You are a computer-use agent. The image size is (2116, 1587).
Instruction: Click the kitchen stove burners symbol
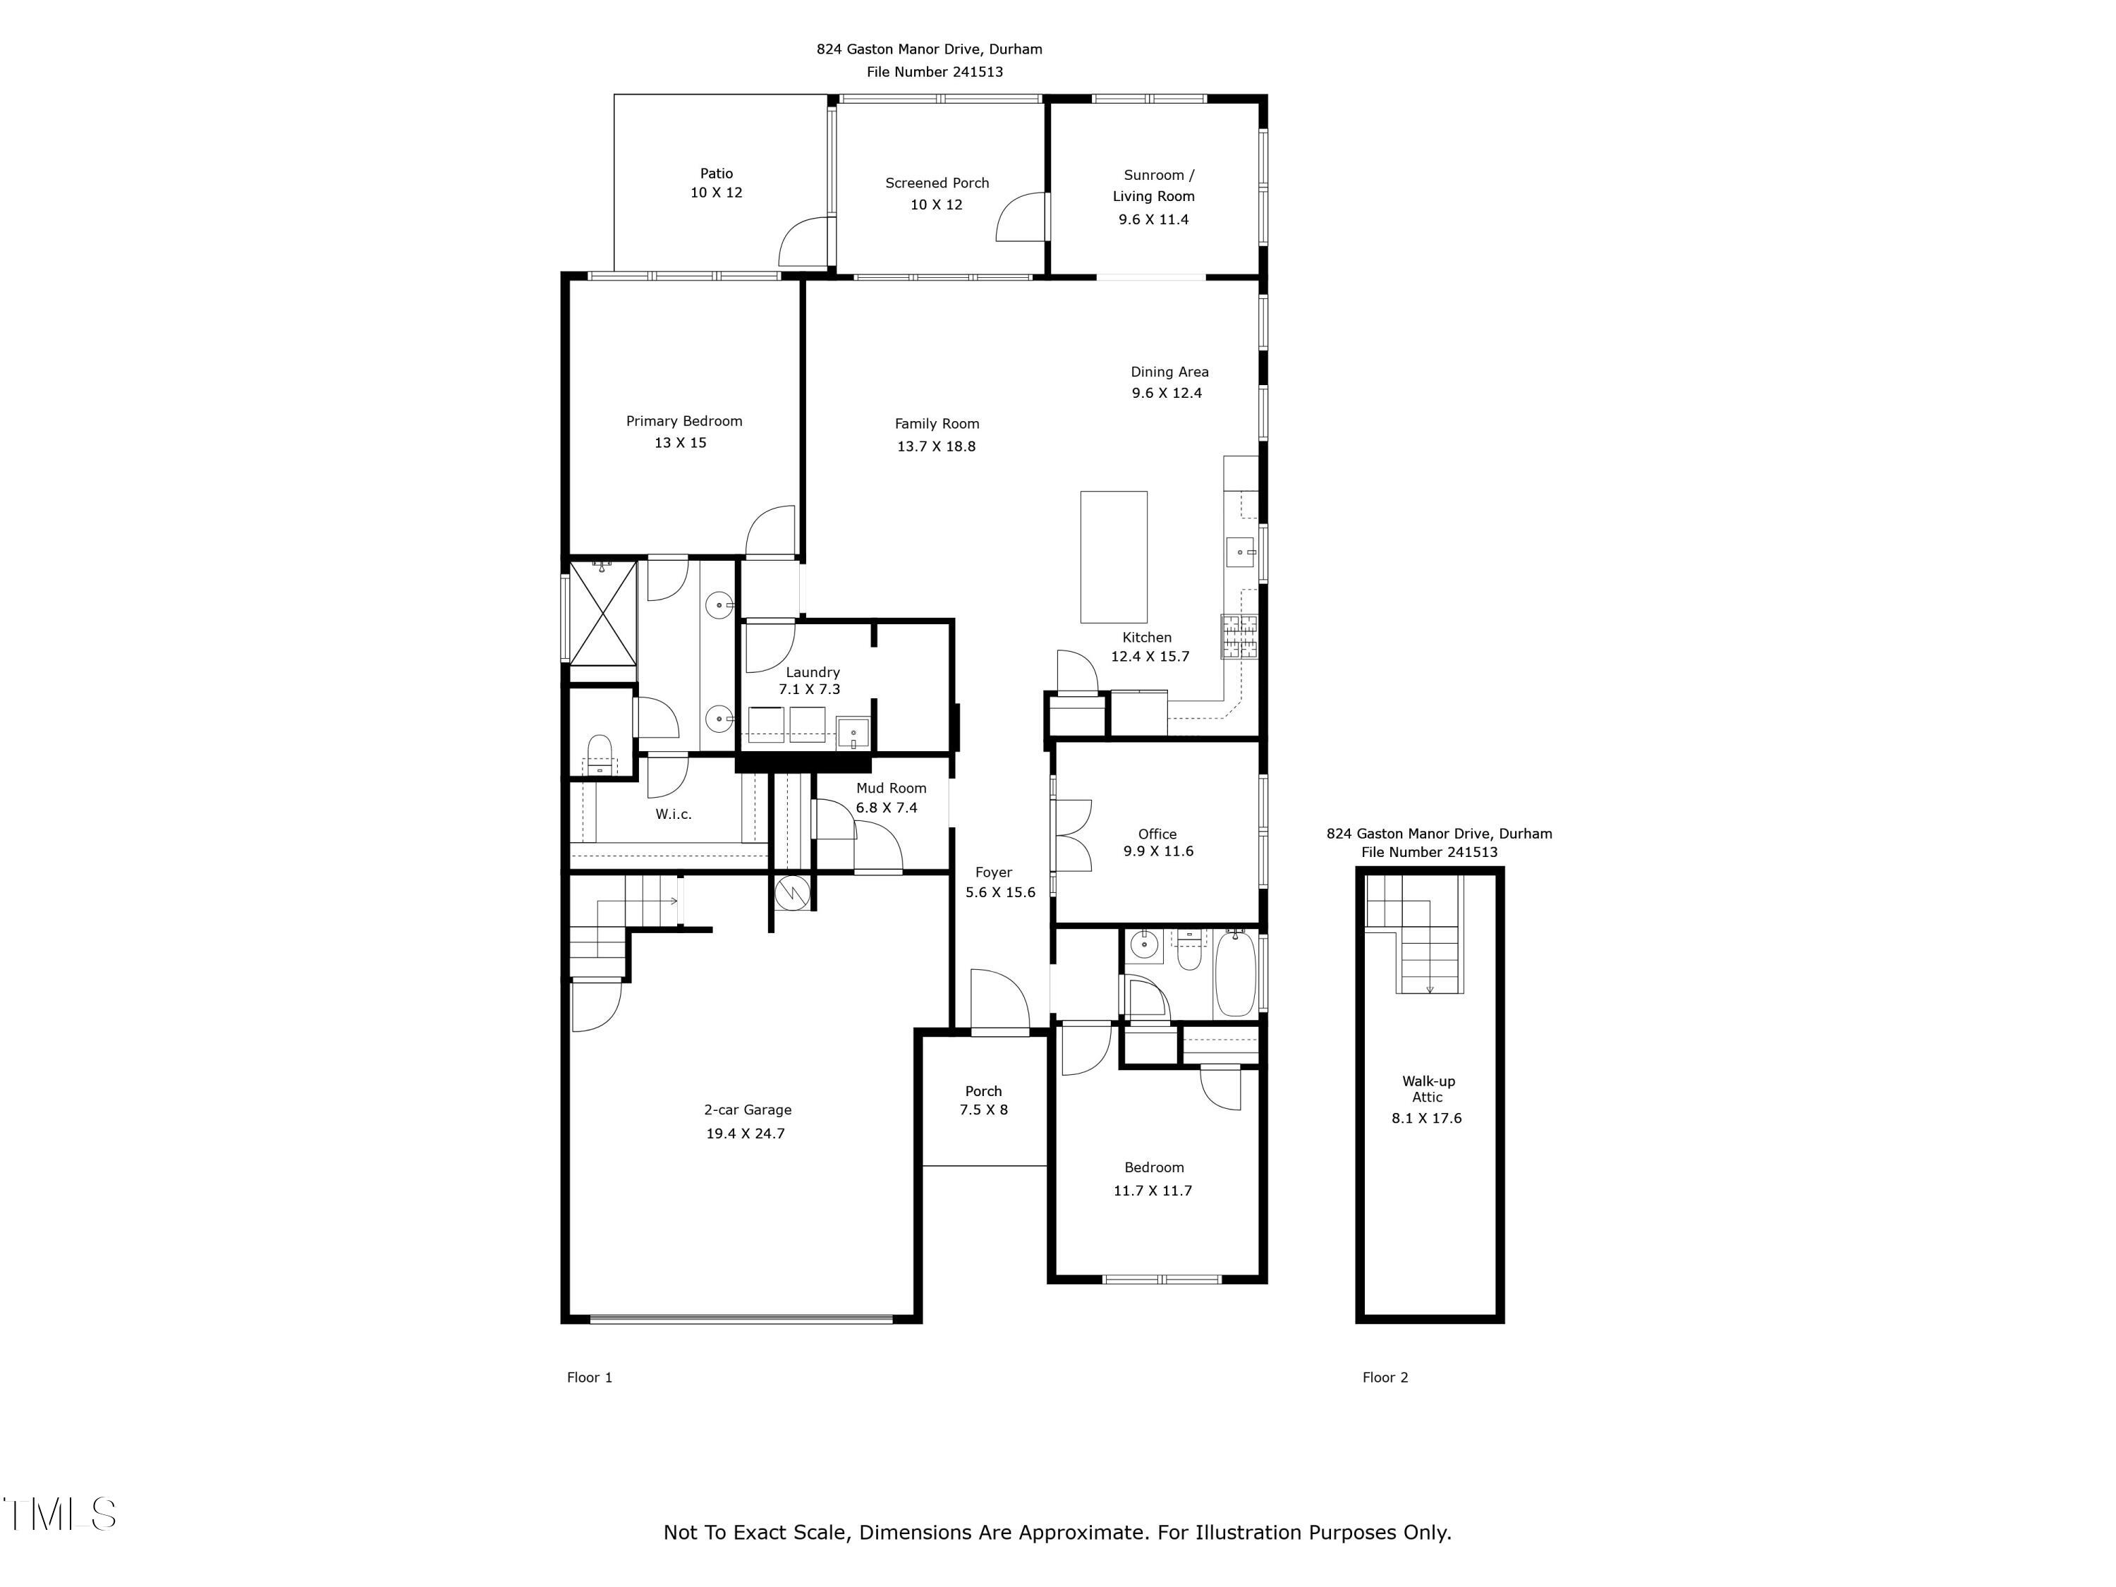[x=1239, y=636]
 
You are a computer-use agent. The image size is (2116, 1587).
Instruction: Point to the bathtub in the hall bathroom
[x=1234, y=973]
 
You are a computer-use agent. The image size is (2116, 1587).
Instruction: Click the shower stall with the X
[x=602, y=612]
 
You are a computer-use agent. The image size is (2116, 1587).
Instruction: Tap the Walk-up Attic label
[x=1428, y=1088]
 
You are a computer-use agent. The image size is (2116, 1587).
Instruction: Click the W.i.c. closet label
[x=674, y=814]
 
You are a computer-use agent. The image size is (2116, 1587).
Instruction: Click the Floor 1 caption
[x=589, y=1378]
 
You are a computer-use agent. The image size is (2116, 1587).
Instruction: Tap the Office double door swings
[x=1074, y=836]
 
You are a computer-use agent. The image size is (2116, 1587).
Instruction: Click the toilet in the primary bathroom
[x=599, y=754]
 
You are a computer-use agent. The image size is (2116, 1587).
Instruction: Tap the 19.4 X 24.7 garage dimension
[x=746, y=1133]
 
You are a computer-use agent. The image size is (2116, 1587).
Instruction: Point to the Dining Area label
[x=1169, y=372]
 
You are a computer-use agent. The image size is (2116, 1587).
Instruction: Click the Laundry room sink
[x=853, y=734]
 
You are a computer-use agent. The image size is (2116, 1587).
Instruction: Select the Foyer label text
[x=993, y=872]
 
